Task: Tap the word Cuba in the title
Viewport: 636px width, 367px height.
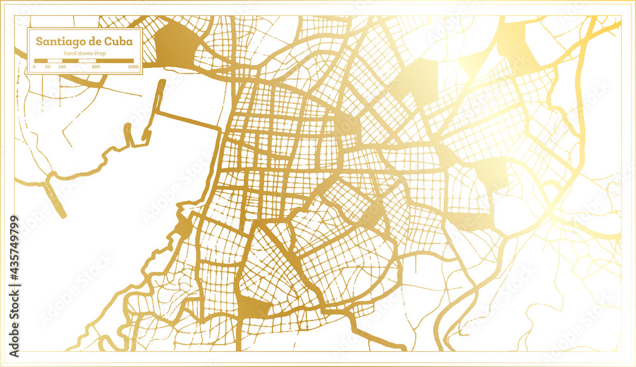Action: pos(119,42)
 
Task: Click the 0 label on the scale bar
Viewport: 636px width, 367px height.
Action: pos(34,67)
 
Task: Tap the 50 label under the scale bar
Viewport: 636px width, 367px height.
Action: pos(47,67)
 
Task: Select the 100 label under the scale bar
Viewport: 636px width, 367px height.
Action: pos(62,67)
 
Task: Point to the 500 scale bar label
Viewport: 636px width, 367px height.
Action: pos(95,67)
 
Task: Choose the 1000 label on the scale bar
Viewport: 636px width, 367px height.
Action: pos(133,67)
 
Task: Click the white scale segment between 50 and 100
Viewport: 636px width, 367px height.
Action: pos(55,61)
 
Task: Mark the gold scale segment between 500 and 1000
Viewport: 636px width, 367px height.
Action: pos(114,61)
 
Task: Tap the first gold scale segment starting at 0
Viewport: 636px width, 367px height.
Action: pos(41,61)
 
